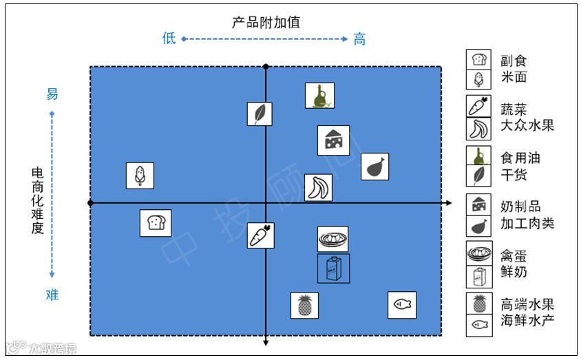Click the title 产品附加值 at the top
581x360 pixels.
tap(266, 22)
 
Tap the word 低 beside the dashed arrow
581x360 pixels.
tap(169, 39)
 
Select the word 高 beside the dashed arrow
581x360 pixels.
tap(359, 39)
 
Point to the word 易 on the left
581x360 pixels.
tap(52, 94)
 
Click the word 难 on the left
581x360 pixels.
tap(52, 295)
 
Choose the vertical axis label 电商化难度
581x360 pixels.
tap(37, 200)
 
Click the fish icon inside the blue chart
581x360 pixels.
tap(402, 305)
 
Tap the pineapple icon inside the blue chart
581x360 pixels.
tap(304, 305)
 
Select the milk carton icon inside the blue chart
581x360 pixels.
tap(333, 268)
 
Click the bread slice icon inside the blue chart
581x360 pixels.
tap(155, 223)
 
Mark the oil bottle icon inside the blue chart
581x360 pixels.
tap(319, 96)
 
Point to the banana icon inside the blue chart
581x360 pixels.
tap(318, 187)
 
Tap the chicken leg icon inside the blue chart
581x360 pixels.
tap(374, 167)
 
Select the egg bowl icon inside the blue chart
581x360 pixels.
tap(332, 239)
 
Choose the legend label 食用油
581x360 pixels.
tap(520, 158)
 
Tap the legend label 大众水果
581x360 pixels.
tap(527, 125)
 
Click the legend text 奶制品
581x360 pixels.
tap(520, 207)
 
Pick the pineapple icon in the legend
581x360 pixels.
tap(479, 303)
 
